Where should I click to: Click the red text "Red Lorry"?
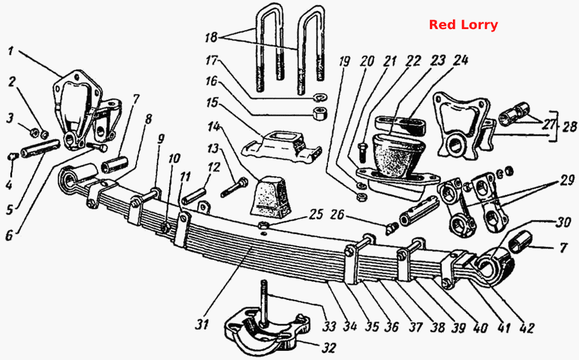[x=463, y=25]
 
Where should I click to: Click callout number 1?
[x=10, y=50]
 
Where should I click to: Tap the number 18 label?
[x=211, y=37]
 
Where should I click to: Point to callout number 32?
[x=329, y=347]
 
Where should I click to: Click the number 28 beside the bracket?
[x=569, y=126]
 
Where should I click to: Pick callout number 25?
[x=316, y=214]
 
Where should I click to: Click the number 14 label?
[x=213, y=127]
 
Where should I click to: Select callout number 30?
[x=564, y=222]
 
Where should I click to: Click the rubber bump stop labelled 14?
[x=272, y=197]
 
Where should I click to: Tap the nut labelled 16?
[x=320, y=113]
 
